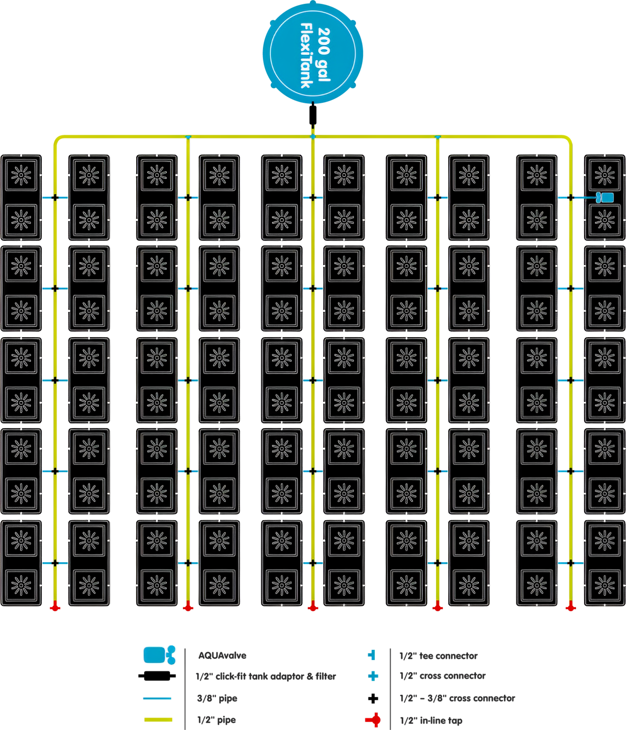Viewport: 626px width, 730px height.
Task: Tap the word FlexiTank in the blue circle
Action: pos(306,55)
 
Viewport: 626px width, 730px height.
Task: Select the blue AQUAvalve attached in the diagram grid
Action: pos(605,198)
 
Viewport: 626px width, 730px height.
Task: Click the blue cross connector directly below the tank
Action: pos(313,136)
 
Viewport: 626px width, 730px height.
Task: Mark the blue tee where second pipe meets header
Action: pos(188,137)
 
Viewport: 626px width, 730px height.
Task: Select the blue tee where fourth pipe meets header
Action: pos(438,137)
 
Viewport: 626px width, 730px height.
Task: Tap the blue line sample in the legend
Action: pos(157,698)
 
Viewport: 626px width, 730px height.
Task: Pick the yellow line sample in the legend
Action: pos(158,720)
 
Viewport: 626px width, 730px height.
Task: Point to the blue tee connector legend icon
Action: pos(372,655)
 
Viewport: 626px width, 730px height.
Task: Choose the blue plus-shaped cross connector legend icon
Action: pos(373,676)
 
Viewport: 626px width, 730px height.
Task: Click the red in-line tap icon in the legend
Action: pos(373,720)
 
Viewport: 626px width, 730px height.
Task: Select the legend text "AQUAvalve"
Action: pos(222,656)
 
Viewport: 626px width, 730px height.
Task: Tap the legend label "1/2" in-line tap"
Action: pos(431,720)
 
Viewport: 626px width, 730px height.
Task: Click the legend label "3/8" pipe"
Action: pos(217,699)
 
